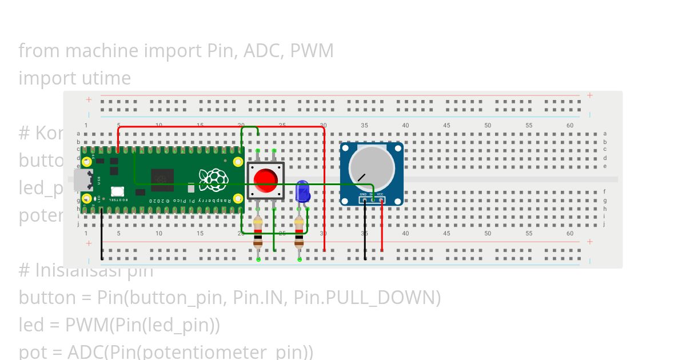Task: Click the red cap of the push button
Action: tap(265, 180)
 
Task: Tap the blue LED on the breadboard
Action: tap(302, 191)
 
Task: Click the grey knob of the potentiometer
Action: tap(372, 169)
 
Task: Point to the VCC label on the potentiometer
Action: tap(380, 195)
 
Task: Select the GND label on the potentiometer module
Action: tap(363, 195)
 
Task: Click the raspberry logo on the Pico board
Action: tap(213, 179)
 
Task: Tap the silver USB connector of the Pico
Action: tap(82, 180)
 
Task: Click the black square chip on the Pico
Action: tap(162, 179)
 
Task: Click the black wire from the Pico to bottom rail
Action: tap(102, 234)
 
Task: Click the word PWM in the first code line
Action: tap(312, 51)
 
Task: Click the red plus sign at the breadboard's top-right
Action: tap(589, 95)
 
